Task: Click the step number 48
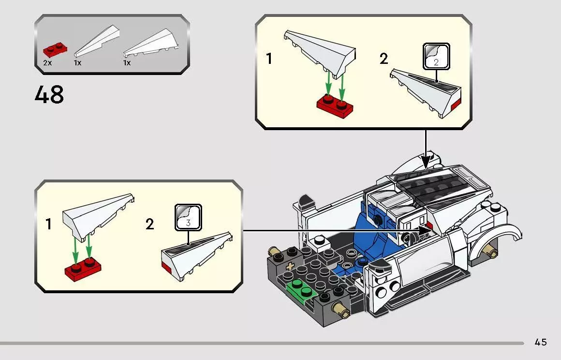(49, 95)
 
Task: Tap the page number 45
(541, 342)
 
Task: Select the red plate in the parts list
(55, 49)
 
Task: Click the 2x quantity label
(47, 63)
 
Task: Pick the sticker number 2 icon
(436, 56)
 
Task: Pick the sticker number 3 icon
(188, 217)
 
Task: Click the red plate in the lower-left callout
(82, 268)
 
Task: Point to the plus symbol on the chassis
(290, 267)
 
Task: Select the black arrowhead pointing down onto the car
(426, 160)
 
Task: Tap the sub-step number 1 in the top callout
(269, 59)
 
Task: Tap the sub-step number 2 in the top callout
(384, 59)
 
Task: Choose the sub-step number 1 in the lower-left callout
(48, 225)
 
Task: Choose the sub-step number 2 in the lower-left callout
(149, 225)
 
